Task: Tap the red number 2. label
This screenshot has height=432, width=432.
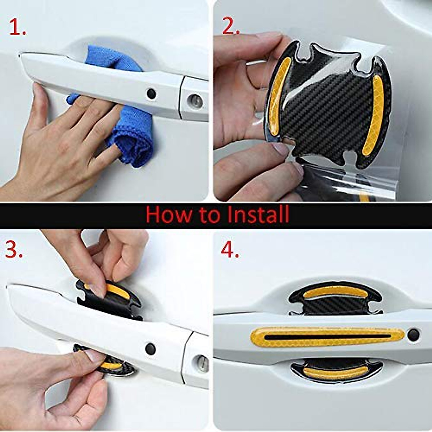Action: click(x=231, y=26)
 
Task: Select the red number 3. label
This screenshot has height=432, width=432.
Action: click(x=14, y=249)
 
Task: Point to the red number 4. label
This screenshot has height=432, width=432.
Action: click(x=230, y=249)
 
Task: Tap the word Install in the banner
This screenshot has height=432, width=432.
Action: click(x=258, y=215)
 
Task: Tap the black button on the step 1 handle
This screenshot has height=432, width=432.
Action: click(x=151, y=94)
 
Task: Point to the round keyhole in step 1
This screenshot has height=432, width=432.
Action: click(x=195, y=102)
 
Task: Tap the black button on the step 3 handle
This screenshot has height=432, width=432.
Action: click(x=150, y=348)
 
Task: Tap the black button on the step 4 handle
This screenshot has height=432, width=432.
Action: click(x=413, y=335)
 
